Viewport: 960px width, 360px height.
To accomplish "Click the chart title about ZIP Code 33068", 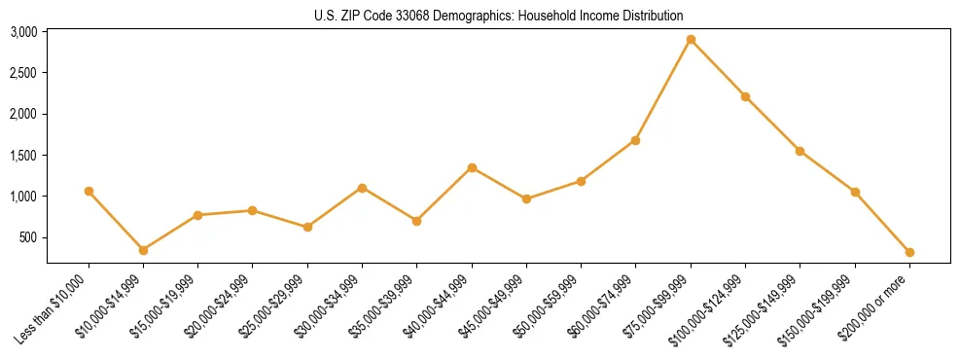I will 499,16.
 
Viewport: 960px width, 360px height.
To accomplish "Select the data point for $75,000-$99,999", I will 691,40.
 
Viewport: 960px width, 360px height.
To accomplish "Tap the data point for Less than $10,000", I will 89,192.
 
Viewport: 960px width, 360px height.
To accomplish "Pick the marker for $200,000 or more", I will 909,252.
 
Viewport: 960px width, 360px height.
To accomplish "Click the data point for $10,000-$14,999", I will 144,250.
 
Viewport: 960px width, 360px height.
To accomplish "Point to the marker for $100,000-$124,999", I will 745,96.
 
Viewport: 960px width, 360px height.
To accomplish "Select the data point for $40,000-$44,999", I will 472,167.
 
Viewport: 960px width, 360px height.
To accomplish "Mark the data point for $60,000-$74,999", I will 635,140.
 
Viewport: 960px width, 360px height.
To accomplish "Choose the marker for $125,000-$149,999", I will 800,151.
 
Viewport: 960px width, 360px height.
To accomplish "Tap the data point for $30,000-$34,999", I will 362,188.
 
